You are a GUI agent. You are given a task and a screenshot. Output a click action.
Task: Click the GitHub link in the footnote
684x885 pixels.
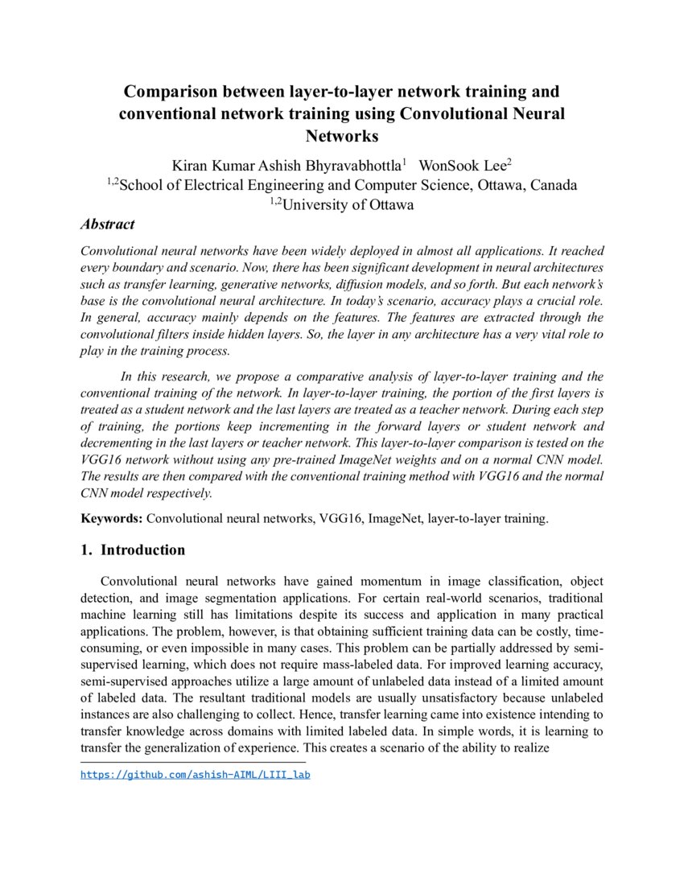(195, 775)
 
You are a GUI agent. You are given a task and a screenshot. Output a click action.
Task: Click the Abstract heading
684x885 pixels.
(107, 224)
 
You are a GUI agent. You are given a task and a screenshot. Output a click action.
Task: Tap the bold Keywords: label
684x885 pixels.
(112, 519)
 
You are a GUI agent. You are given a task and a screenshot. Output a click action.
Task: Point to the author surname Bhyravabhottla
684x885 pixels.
(351, 166)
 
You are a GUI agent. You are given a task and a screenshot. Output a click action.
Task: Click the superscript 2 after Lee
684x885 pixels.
(509, 162)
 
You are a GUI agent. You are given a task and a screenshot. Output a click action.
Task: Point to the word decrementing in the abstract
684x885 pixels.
(118, 442)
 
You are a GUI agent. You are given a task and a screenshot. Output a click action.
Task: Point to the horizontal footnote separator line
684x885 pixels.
(193, 761)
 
